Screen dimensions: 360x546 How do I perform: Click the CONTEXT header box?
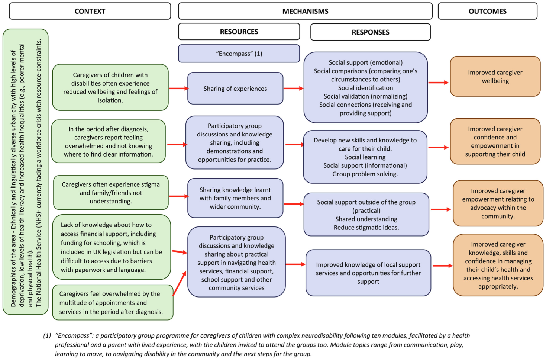(x=90, y=11)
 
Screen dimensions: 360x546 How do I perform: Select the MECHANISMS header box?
(x=305, y=11)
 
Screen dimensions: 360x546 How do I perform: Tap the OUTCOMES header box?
(x=487, y=11)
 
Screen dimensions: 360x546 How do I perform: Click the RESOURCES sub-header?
(x=239, y=32)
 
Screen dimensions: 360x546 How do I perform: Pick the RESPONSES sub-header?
(x=370, y=32)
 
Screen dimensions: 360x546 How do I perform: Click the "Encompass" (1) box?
(x=239, y=54)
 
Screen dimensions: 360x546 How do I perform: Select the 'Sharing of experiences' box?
(x=235, y=89)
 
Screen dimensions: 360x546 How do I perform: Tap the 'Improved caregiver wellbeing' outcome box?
(x=495, y=77)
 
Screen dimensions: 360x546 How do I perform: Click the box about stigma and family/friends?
(x=111, y=193)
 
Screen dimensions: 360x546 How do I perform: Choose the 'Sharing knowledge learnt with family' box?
(x=235, y=198)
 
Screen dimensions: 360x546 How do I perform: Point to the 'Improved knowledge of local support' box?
(x=368, y=273)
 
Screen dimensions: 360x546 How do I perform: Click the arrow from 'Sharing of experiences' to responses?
(x=293, y=89)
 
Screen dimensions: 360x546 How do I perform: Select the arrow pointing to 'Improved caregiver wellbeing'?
(x=438, y=83)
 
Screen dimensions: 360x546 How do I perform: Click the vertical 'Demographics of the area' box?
(x=25, y=172)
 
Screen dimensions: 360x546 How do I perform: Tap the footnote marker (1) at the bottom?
(x=47, y=335)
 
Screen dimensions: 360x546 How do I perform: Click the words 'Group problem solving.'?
(x=365, y=174)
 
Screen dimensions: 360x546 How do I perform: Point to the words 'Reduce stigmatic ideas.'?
(x=366, y=228)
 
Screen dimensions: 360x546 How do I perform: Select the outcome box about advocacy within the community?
(x=498, y=203)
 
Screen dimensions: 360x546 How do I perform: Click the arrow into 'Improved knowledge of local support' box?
(x=295, y=264)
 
